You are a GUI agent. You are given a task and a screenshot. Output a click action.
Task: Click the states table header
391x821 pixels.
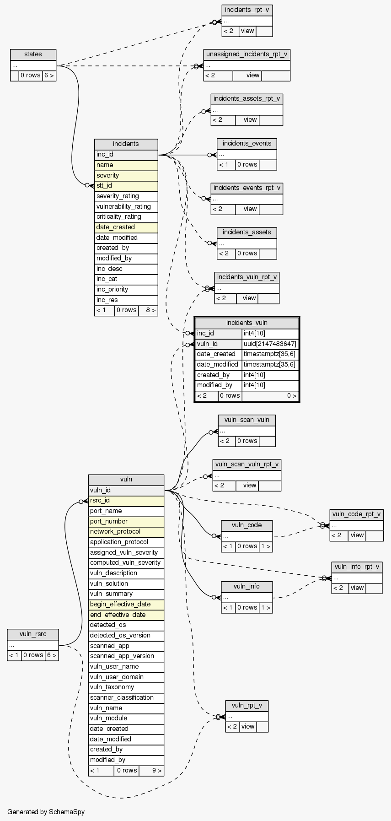[33, 54]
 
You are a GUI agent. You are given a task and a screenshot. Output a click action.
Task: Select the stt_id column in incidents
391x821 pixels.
[126, 186]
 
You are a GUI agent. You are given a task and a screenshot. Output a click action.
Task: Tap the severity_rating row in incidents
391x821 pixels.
[126, 196]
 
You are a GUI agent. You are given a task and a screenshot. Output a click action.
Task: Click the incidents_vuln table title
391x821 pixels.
[247, 323]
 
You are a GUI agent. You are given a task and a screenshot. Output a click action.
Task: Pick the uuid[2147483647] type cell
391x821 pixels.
[270, 344]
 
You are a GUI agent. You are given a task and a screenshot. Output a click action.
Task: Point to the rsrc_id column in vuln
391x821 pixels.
[126, 501]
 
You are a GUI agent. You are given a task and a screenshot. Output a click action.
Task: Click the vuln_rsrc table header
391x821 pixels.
[33, 634]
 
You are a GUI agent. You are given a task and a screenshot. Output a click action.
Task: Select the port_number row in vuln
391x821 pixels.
[126, 522]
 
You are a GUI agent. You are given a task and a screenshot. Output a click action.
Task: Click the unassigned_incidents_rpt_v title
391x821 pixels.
[247, 54]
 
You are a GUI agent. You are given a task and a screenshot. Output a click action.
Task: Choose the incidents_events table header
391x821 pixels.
[247, 144]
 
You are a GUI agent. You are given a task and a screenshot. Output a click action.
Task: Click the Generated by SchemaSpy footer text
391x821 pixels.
[46, 812]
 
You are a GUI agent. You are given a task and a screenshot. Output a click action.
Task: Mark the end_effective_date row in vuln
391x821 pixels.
[126, 615]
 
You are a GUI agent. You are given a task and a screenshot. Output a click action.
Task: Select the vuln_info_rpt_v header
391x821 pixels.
[357, 567]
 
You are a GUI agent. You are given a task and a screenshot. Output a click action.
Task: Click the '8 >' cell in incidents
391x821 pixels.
[148, 310]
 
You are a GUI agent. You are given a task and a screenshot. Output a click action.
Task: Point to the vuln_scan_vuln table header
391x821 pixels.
[247, 420]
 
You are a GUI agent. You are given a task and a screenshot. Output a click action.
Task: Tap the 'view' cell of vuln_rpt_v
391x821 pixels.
[248, 727]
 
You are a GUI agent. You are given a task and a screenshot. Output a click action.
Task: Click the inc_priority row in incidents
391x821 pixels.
[126, 290]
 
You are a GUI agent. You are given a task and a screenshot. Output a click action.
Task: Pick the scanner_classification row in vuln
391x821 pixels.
[126, 698]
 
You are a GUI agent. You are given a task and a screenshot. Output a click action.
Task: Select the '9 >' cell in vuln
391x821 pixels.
[151, 771]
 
